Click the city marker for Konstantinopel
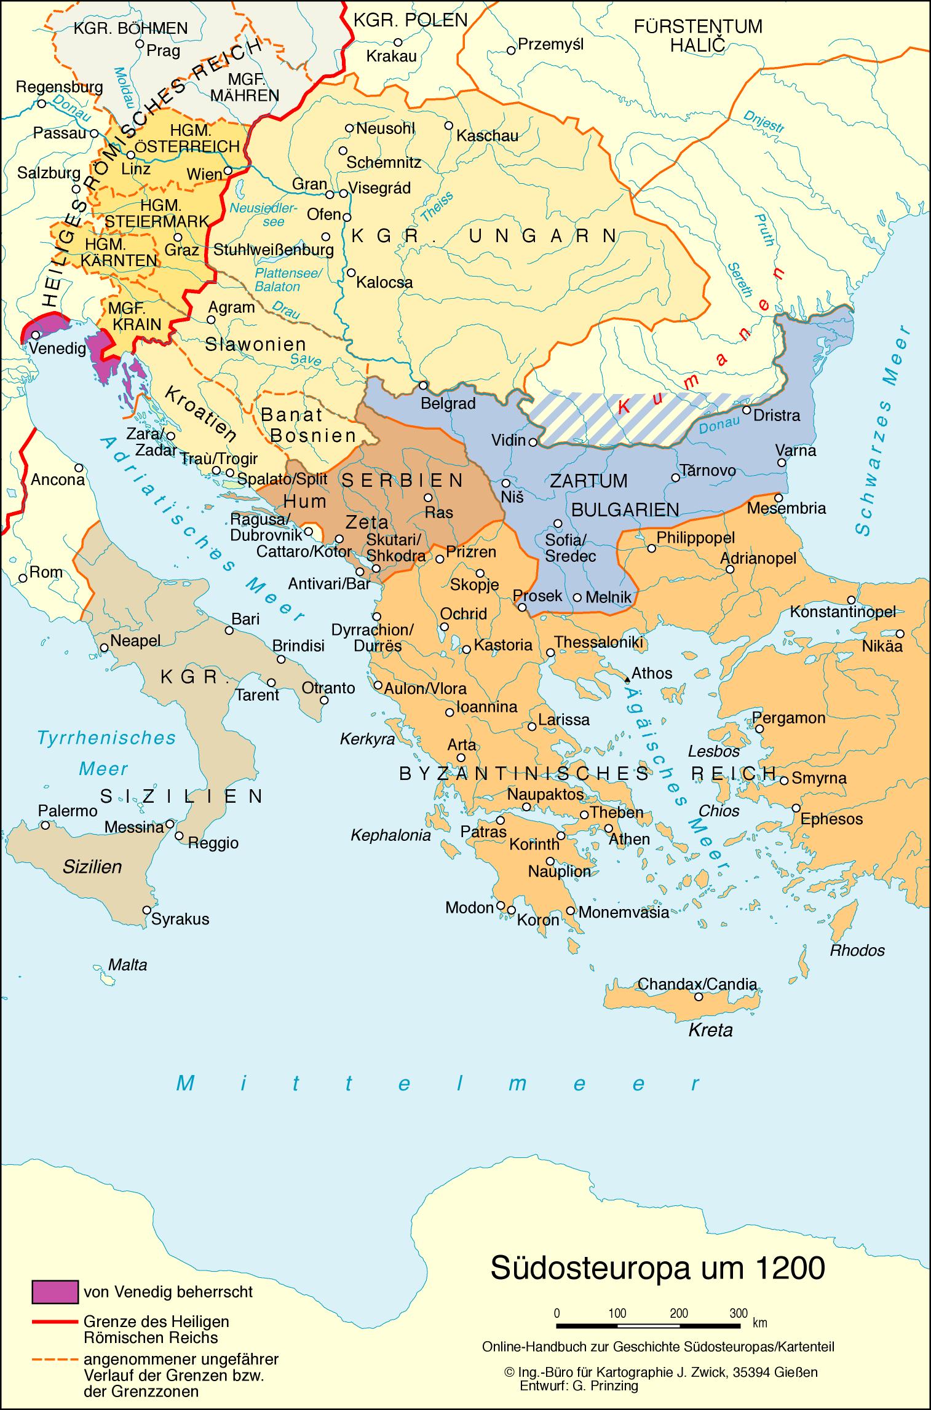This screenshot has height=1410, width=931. click(x=852, y=600)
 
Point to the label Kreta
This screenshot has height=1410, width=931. click(x=710, y=1030)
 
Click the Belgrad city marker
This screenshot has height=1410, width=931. click(x=423, y=385)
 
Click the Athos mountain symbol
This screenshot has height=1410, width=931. click(x=627, y=679)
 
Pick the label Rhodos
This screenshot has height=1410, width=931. click(x=857, y=950)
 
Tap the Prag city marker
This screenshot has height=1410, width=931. click(x=140, y=44)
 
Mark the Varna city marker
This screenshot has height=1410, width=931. click(x=781, y=463)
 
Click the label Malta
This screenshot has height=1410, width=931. click(x=128, y=964)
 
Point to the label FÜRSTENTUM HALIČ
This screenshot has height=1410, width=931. click(x=698, y=36)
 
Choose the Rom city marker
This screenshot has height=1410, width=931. click(x=23, y=578)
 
